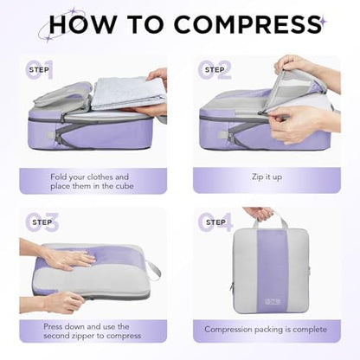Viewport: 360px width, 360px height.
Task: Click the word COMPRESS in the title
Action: tap(247, 24)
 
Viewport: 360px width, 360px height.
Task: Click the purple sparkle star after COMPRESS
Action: tap(324, 21)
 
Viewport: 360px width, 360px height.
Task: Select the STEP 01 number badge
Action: tap(39, 69)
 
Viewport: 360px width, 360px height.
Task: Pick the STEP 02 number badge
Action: tap(215, 69)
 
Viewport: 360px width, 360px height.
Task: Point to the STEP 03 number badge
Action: tap(42, 222)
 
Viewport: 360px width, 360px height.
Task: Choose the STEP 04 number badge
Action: tap(215, 222)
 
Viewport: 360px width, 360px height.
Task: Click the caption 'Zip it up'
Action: tap(267, 177)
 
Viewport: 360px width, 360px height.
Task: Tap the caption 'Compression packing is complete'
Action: tap(266, 330)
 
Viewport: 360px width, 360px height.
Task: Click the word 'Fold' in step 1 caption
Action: tap(59, 177)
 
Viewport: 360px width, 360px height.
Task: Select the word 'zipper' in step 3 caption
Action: tap(92, 336)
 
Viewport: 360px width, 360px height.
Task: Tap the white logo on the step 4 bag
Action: tap(273, 302)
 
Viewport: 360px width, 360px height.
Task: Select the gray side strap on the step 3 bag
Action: tap(153, 270)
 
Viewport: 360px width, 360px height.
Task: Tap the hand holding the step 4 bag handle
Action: tap(259, 214)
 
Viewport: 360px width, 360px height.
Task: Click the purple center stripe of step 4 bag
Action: tap(273, 271)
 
